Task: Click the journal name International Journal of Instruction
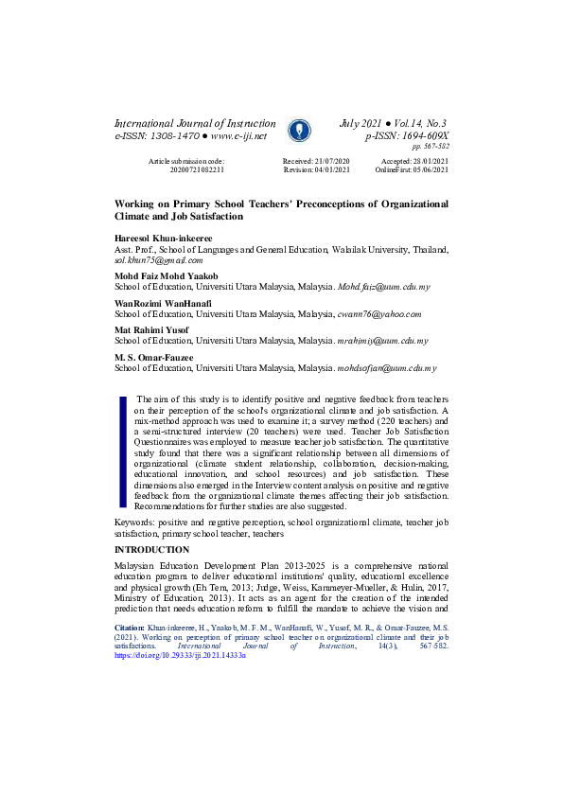pyautogui.click(x=195, y=124)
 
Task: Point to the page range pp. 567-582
pyautogui.click(x=431, y=148)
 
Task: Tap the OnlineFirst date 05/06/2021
pyautogui.click(x=426, y=170)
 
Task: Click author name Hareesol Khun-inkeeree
pyautogui.click(x=164, y=239)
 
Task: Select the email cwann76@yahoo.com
pyautogui.click(x=378, y=313)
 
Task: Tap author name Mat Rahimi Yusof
pyautogui.click(x=151, y=329)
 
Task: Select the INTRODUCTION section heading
pyautogui.click(x=151, y=550)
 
